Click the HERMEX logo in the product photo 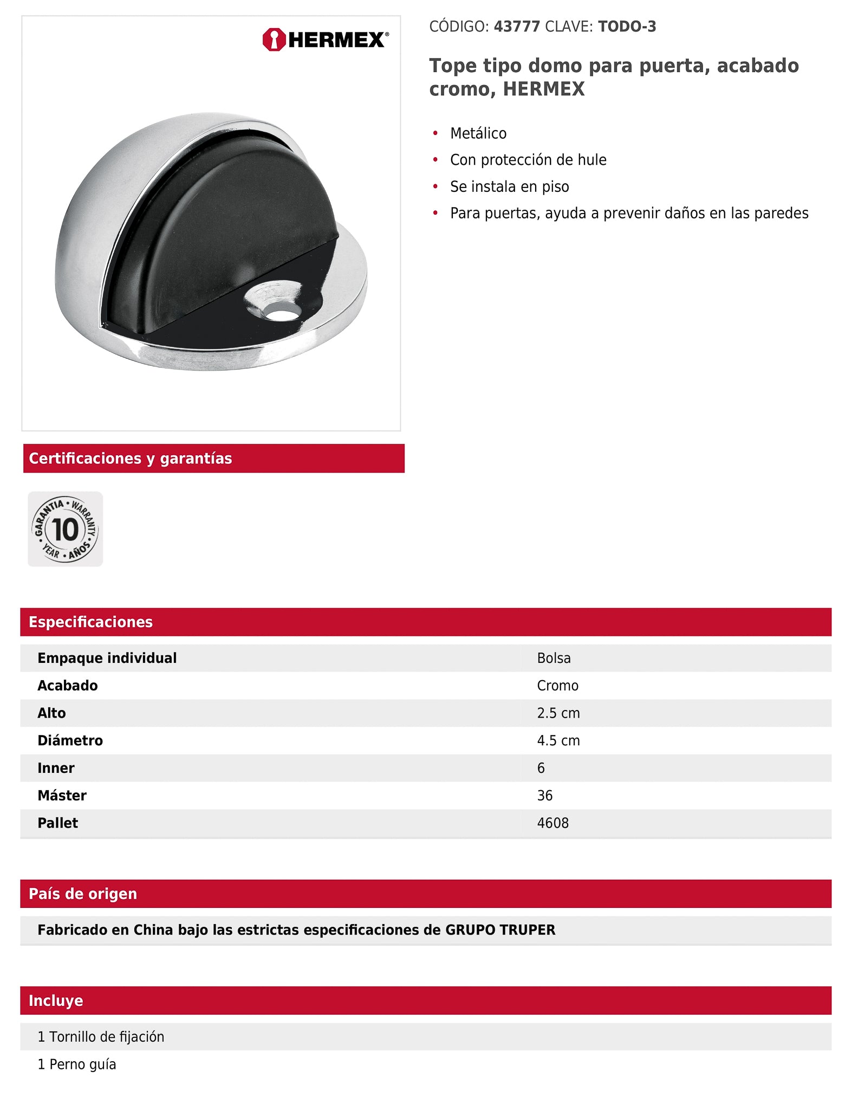(325, 40)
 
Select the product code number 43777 (517, 27)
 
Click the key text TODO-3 (627, 27)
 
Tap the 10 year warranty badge (66, 529)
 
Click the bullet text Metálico (478, 133)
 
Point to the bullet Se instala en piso (509, 186)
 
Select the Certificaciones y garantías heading (131, 459)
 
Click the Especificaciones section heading (90, 622)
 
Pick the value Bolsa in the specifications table (554, 658)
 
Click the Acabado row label (68, 686)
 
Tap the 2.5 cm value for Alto (558, 713)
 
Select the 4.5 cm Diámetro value (558, 740)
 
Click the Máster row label (62, 796)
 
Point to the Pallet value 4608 (552, 823)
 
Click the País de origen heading (83, 894)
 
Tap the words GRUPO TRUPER (500, 930)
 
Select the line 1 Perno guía (77, 1064)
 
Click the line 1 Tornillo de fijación (101, 1037)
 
